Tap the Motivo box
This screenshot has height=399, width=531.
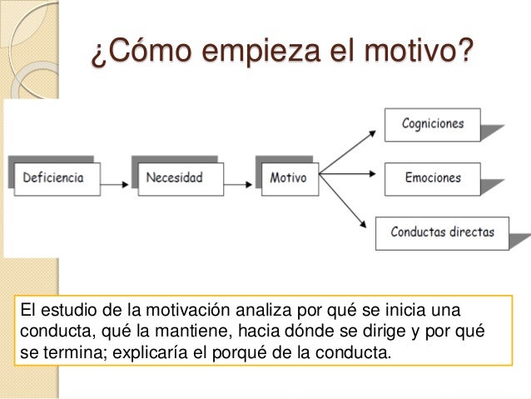point(288,177)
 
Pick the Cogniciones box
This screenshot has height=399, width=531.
point(432,124)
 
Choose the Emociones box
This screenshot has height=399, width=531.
point(432,177)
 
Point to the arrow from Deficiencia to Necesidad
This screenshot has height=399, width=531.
point(117,177)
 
